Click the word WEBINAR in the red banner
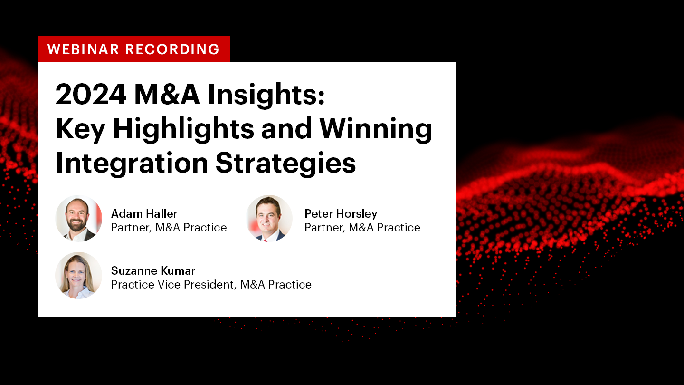83,49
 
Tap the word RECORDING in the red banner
172,49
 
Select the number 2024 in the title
91,95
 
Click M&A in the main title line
167,95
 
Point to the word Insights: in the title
266,96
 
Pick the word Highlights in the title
183,130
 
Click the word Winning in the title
376,130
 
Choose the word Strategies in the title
286,164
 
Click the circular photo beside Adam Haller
79,219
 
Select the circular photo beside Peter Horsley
269,219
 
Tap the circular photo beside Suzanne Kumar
79,275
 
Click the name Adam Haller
144,213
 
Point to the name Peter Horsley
341,214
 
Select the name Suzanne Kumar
153,271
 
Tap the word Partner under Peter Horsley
325,228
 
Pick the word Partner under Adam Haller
131,228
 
